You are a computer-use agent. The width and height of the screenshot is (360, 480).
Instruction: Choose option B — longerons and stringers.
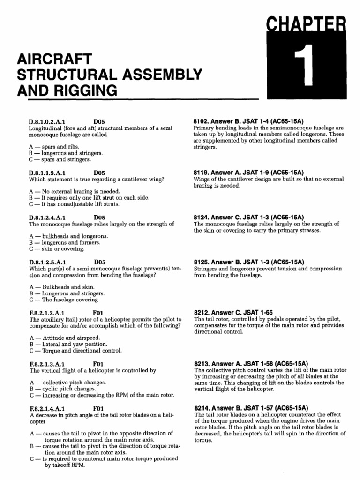coord(66,153)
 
